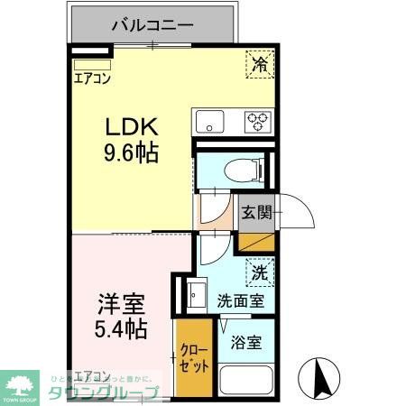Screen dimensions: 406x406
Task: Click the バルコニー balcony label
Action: [152, 24]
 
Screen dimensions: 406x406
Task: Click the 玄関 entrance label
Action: [256, 213]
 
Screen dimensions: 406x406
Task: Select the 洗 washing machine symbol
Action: [259, 270]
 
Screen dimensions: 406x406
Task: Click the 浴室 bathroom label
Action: [247, 344]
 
